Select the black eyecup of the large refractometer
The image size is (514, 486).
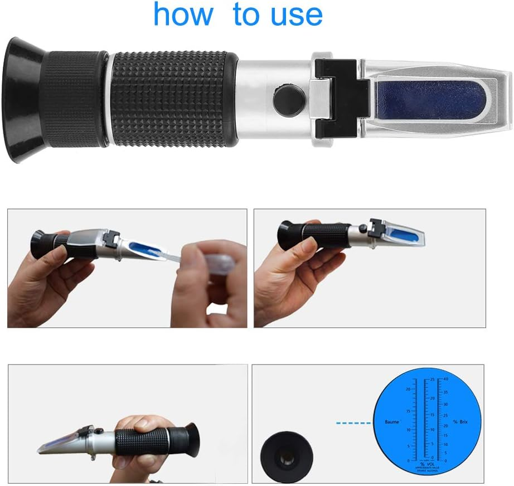pyautogui.click(x=24, y=100)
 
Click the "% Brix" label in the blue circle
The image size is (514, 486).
pyautogui.click(x=460, y=422)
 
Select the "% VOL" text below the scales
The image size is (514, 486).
pyautogui.click(x=426, y=464)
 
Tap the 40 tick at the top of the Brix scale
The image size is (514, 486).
pyautogui.click(x=445, y=379)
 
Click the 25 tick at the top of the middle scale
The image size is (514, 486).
pyautogui.click(x=432, y=379)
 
